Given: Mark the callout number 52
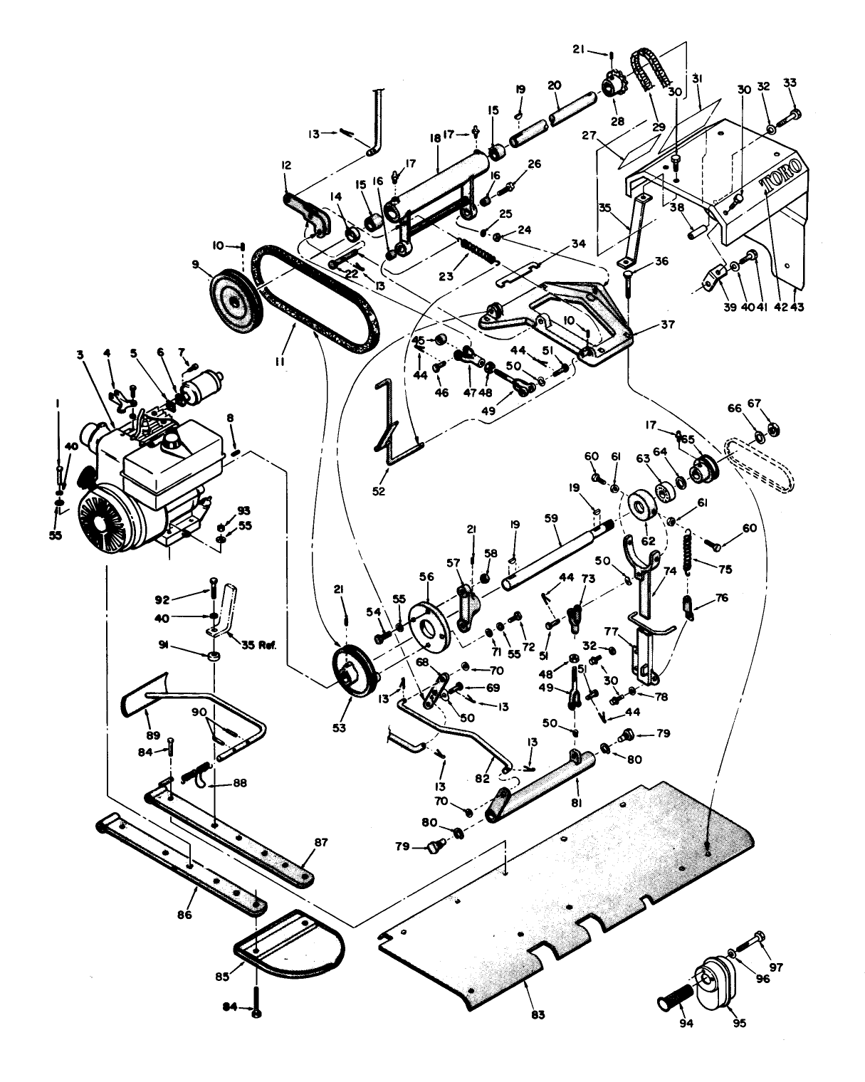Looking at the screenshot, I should point(379,490).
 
